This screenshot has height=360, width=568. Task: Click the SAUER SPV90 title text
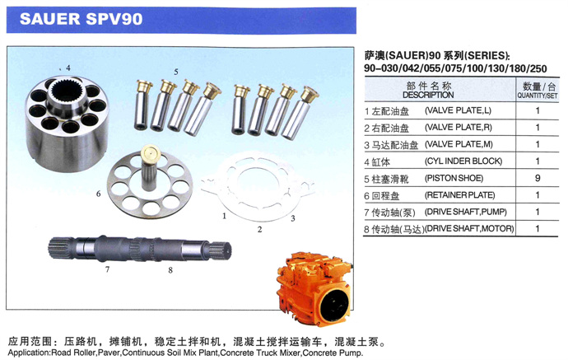pos(81,19)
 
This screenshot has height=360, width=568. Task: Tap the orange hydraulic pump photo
pos(314,289)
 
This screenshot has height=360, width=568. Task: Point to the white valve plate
pos(257,188)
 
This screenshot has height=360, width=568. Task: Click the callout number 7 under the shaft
pos(107,269)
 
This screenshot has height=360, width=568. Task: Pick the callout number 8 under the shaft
pos(170,270)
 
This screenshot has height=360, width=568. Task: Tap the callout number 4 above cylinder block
pos(68,68)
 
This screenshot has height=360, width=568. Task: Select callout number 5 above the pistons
pos(176,72)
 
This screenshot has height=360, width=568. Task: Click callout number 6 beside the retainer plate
pos(98,194)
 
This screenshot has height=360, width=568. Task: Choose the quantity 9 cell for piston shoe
pos(538,178)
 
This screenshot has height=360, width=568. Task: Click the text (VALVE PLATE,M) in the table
pos(459,144)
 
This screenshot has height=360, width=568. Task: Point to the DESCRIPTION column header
pos(428,95)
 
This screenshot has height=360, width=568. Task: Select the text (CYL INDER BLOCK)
pos(463,161)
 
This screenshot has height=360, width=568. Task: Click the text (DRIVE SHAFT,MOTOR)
pos(468,229)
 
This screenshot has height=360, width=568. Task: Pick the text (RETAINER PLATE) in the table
pos(459,195)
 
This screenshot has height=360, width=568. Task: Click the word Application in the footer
pos(29,353)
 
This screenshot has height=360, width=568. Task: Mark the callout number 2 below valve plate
pos(259,229)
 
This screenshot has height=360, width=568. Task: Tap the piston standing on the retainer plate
pos(150,167)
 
